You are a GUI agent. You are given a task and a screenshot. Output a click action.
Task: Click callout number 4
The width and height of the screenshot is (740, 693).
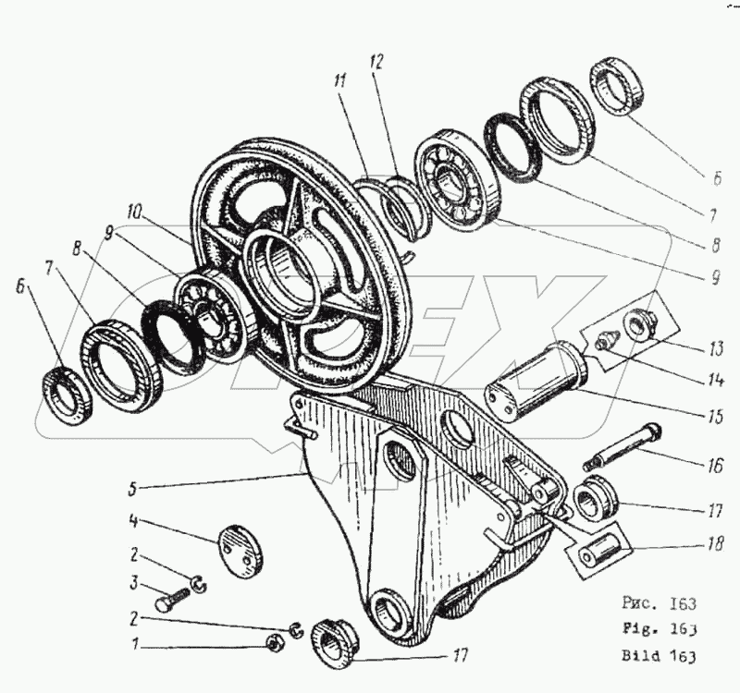pos(134,523)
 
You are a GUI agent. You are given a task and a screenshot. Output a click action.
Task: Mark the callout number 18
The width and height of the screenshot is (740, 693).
pos(713,546)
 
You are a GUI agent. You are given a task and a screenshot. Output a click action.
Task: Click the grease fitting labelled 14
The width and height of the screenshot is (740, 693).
pos(606,341)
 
